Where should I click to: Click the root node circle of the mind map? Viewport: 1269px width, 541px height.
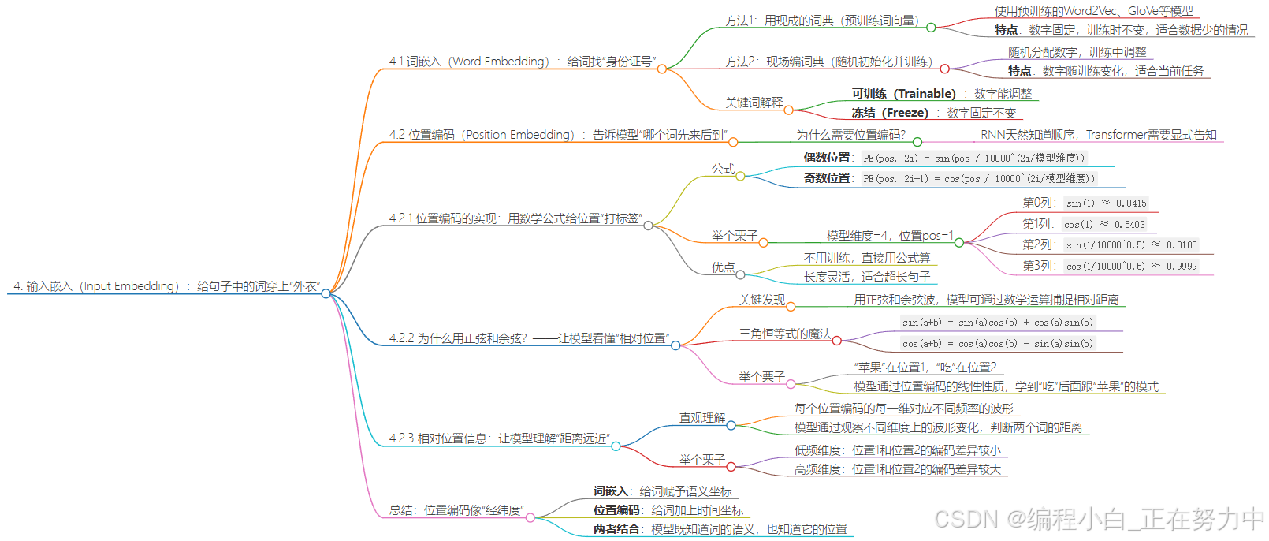coord(326,293)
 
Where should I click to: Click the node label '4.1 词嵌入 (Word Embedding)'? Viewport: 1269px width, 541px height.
coord(468,62)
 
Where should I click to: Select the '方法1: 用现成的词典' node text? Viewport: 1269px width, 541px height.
coord(821,21)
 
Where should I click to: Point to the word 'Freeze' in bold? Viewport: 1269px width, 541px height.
coord(905,113)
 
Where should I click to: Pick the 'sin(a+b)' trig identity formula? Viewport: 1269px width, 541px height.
coord(997,323)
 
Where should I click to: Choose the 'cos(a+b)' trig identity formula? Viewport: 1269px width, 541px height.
coord(997,344)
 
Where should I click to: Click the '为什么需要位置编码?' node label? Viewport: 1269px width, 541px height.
coord(850,135)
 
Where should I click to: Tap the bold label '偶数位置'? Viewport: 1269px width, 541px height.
coord(827,158)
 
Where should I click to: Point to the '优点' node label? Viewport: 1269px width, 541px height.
coord(723,267)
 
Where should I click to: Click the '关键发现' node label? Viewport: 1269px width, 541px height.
coord(761,300)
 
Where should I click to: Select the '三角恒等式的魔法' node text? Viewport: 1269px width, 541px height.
coord(784,334)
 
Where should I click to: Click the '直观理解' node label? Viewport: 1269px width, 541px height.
coord(701,418)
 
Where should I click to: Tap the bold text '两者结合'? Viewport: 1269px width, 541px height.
coord(616,529)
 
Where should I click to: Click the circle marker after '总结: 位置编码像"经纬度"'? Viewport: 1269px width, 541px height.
coord(530,518)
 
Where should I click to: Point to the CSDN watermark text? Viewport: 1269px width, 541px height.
coord(1099,519)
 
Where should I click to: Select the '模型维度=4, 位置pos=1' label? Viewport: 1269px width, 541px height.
coord(890,236)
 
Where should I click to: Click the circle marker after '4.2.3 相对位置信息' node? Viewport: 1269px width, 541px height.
coord(616,446)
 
